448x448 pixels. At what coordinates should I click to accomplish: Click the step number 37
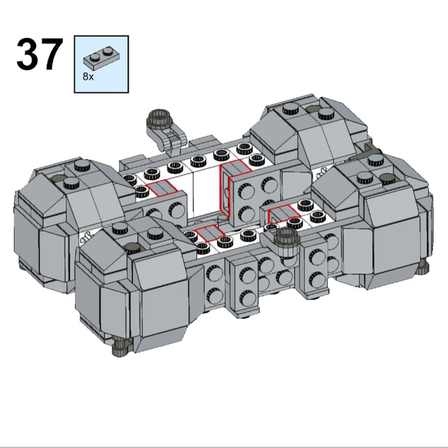click(x=40, y=54)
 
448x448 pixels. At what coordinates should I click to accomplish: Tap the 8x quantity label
click(x=88, y=77)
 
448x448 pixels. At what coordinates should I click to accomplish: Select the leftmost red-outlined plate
click(x=162, y=189)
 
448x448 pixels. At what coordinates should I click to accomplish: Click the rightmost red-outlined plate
click(x=284, y=213)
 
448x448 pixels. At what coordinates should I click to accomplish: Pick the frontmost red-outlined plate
click(x=210, y=233)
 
